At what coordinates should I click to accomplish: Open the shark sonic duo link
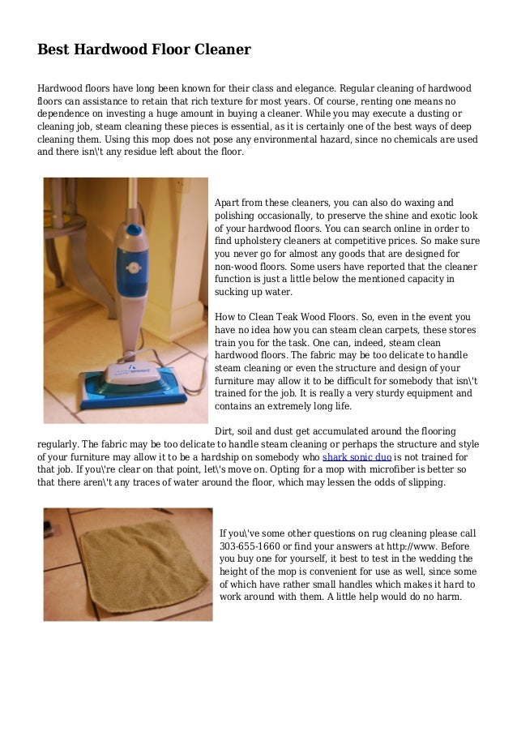pos(357,456)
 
